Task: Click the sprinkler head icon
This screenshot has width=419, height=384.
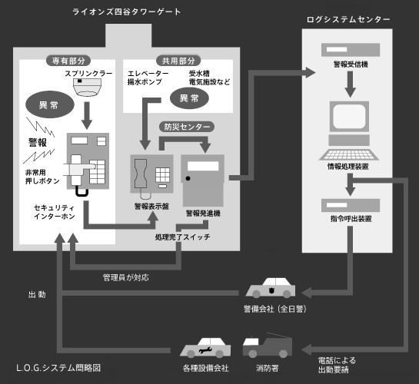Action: coord(88,87)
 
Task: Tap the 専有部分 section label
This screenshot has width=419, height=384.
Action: coord(68,61)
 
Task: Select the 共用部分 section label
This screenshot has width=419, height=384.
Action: coord(178,61)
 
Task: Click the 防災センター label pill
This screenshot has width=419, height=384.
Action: coord(187,127)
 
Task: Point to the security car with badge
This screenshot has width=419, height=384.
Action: coord(271,288)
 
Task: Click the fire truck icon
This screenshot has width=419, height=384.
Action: coord(268,346)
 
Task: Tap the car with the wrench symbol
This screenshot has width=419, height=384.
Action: coord(205,348)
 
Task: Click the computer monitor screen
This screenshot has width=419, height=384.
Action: coord(349,116)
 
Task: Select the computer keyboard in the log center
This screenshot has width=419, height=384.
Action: coord(349,154)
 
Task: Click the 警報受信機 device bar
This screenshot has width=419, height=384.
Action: coord(351,50)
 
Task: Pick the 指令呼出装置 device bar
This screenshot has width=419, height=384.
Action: coord(351,205)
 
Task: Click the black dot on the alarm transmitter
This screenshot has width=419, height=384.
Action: coord(188,178)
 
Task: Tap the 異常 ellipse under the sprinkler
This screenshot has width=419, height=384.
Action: coord(50,104)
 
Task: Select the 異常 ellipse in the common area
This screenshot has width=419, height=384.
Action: coord(189,98)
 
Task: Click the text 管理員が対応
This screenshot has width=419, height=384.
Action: coord(126,277)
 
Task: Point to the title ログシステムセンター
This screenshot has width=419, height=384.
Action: coord(348,19)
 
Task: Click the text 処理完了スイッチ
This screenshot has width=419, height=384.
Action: coord(182,237)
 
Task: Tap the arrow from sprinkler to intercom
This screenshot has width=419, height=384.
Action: coord(87,115)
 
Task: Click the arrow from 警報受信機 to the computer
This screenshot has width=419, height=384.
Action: coord(351,84)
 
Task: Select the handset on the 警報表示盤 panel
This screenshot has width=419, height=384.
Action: coord(141,174)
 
